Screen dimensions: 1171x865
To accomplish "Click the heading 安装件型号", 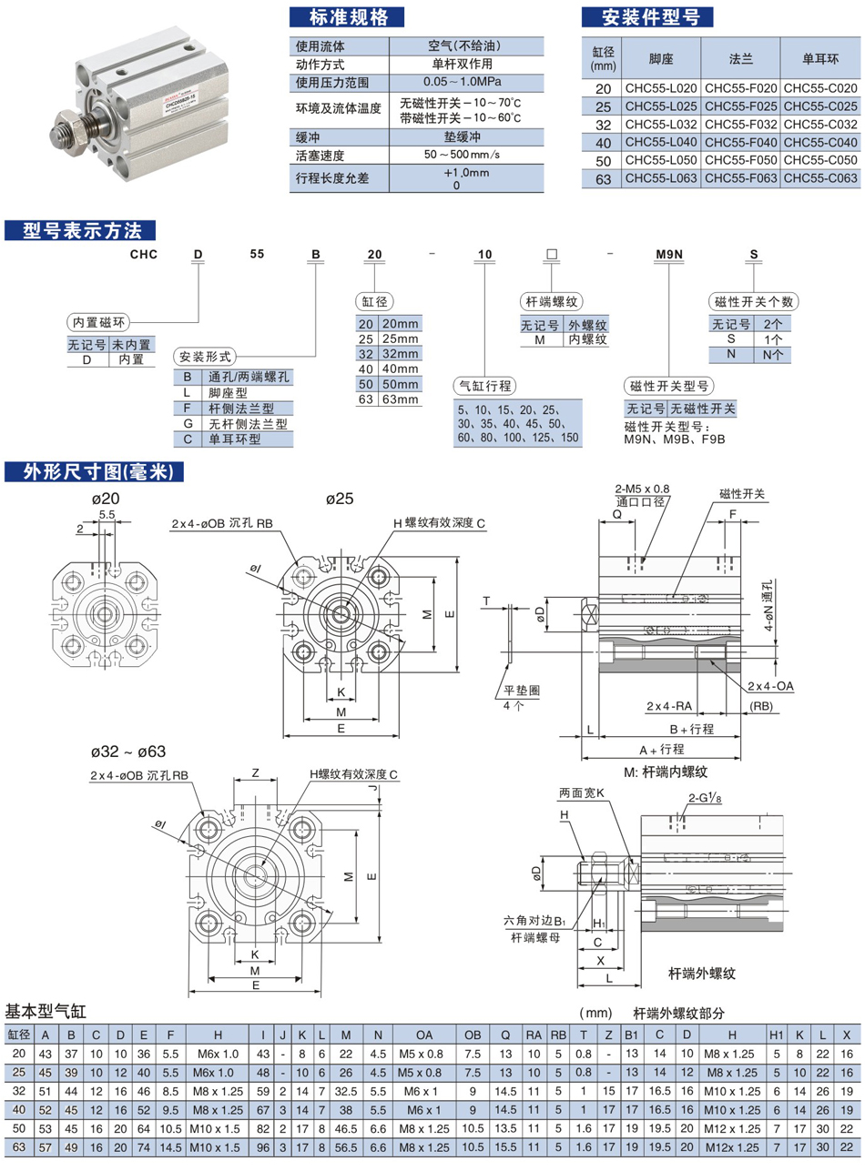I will point(646,16).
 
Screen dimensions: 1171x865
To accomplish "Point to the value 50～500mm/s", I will point(463,155).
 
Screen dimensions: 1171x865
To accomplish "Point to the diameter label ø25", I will point(340,500).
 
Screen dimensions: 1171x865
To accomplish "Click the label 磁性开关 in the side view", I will point(741,494).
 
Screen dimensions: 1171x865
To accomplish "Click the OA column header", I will point(425,1035).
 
